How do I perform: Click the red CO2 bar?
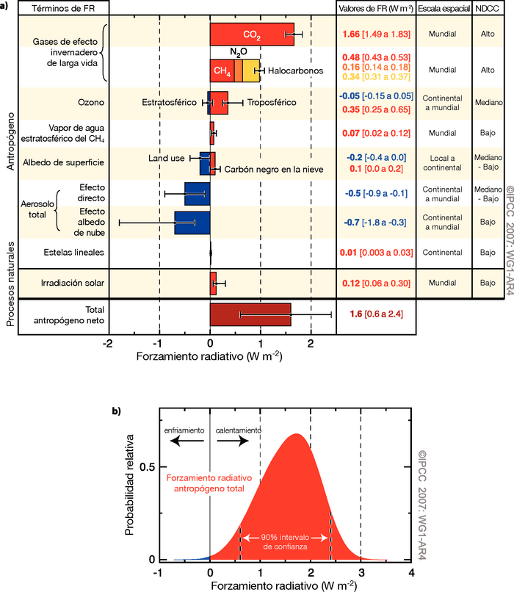pos(251,35)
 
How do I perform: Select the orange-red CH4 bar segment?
pos(222,71)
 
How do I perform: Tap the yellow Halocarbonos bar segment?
pos(251,71)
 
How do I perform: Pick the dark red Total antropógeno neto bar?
pos(250,294)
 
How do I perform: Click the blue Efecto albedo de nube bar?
pos(192,223)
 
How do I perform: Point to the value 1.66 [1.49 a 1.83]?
pos(374,35)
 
